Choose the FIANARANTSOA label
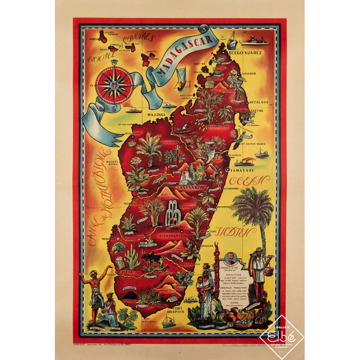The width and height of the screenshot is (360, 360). tap(173, 236)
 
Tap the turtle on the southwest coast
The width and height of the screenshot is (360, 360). tap(119, 247)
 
